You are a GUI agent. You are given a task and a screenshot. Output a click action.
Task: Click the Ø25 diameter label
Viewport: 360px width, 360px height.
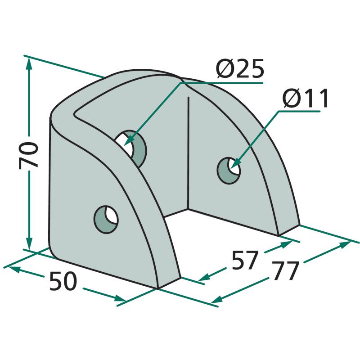point(240,69)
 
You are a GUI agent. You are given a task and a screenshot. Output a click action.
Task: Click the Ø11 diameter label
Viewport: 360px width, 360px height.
point(305,99)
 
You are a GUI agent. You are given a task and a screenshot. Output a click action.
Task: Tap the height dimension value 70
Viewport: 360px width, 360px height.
point(28,155)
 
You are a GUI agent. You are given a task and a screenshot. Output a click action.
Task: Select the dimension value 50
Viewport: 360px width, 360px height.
point(63,281)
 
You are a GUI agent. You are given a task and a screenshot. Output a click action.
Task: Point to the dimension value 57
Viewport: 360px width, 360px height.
point(244,260)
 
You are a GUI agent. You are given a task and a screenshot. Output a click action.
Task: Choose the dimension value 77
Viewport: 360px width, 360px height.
point(286,271)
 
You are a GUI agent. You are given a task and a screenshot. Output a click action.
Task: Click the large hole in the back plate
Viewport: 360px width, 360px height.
point(130,148)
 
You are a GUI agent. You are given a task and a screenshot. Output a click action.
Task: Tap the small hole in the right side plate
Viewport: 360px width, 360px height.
point(229,171)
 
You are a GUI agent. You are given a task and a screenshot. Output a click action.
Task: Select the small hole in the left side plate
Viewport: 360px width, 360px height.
point(106,220)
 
